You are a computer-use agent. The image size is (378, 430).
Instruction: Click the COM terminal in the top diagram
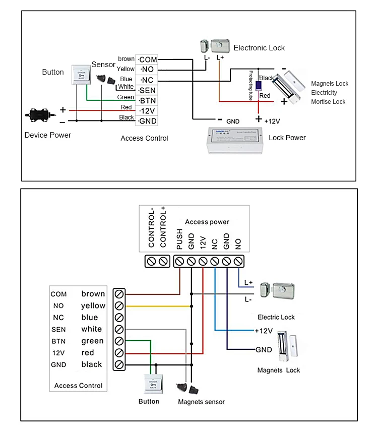[x=148, y=59]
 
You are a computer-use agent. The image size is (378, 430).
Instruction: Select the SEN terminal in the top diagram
[x=148, y=90]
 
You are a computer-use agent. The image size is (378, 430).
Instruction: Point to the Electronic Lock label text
[x=259, y=48]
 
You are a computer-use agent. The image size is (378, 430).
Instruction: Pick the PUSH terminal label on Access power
[x=180, y=240]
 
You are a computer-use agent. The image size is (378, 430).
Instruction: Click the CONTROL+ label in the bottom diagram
[x=163, y=227]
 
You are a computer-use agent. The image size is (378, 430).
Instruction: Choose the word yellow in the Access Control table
[x=93, y=305]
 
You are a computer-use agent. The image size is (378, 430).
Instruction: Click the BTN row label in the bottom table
[x=58, y=341]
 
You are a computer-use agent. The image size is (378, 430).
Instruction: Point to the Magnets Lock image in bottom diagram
[x=287, y=348]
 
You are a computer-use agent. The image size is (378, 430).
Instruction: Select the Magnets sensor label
[x=201, y=402]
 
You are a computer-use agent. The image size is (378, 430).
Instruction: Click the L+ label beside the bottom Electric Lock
[x=248, y=283]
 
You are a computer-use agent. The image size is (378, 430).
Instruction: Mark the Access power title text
[x=207, y=222]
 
